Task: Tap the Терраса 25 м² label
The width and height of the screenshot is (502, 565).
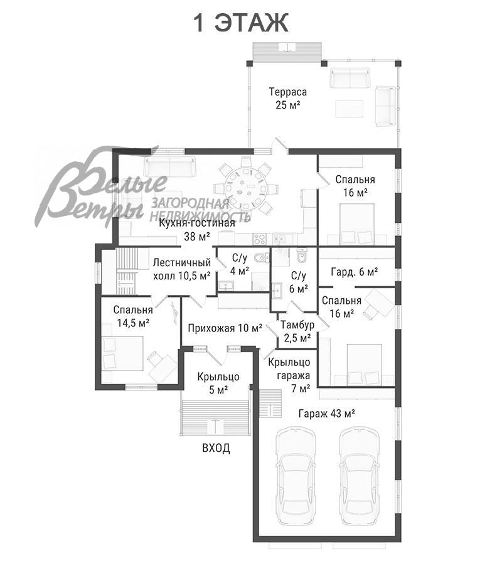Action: pos(288,98)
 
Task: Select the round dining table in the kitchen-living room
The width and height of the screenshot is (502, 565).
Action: pos(247,188)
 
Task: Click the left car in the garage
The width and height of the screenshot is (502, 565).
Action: pos(296,477)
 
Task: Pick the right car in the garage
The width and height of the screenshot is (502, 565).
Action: pos(360,477)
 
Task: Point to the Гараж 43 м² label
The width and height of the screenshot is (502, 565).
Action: pos(327,413)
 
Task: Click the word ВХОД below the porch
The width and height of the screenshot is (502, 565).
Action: pos(216,448)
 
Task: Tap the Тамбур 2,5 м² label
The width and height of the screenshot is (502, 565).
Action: pos(297,331)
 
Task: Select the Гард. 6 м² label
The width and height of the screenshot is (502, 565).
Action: pos(354,272)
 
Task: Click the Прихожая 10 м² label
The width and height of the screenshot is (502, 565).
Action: pos(225,328)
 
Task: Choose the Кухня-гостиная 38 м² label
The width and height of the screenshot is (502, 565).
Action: pos(197,230)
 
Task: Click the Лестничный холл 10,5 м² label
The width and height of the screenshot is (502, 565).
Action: pos(182,269)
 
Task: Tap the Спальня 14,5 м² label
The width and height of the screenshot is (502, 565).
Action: pos(133,316)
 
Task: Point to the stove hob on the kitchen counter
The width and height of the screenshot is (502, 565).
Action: pos(259,239)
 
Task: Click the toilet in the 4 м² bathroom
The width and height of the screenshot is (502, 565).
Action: pos(261,257)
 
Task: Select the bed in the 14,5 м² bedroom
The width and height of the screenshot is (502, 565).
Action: pos(123,353)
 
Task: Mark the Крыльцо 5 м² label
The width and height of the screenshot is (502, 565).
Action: pos(218,383)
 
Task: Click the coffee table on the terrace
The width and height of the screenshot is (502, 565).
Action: pos(350,109)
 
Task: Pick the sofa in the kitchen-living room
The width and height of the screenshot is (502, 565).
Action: pos(169,166)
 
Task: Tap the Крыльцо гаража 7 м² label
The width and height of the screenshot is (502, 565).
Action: pos(294,375)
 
